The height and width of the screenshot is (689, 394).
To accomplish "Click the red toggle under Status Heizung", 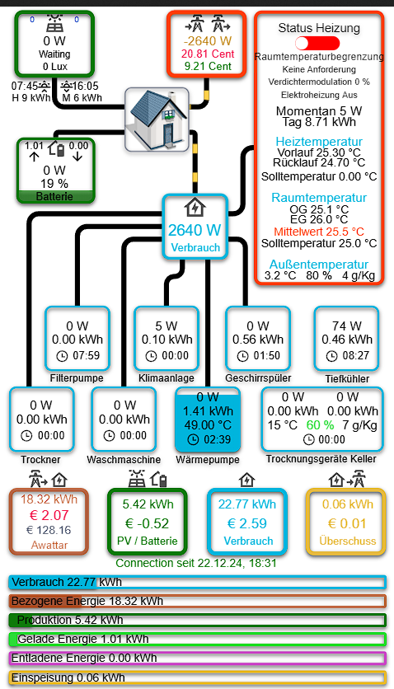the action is click(x=317, y=44).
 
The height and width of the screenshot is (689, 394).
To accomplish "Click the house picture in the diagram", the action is click(x=157, y=120).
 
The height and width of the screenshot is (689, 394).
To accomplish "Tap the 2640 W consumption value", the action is click(x=195, y=230).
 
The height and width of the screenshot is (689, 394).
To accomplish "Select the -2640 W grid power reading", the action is click(x=208, y=41).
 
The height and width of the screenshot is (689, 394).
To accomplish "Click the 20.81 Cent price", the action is click(x=208, y=54).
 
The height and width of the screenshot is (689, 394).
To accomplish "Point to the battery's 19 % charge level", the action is click(x=54, y=183).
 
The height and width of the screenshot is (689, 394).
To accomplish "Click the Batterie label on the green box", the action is click(x=54, y=196).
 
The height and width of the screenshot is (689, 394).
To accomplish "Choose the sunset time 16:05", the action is click(x=85, y=86).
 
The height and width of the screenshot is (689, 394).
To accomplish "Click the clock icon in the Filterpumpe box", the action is click(x=62, y=356).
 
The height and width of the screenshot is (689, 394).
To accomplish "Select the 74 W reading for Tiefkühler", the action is click(x=346, y=326).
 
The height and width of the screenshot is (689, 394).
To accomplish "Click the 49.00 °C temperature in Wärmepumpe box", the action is click(x=209, y=425).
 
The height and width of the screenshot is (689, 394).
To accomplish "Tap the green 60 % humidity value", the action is click(x=320, y=425).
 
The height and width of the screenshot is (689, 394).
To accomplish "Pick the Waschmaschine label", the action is click(x=124, y=460).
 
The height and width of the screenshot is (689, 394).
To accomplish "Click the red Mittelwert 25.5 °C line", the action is click(x=319, y=232).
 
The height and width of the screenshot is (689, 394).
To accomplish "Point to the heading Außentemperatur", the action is click(x=319, y=265).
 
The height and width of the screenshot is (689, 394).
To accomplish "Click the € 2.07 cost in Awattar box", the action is click(x=49, y=515).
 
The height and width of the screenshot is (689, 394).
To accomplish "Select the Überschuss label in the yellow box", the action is click(x=348, y=541).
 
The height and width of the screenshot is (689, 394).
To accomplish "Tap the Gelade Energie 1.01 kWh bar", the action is click(x=197, y=639).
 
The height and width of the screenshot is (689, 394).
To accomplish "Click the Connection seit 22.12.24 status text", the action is click(x=196, y=563).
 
